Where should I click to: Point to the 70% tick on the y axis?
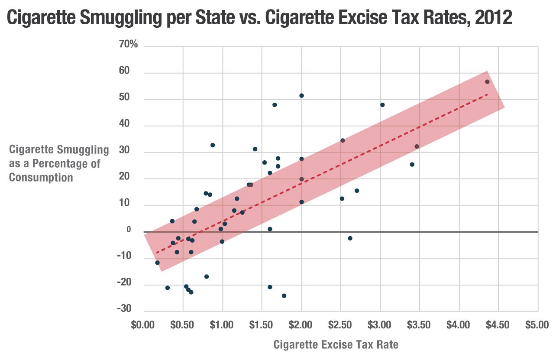pos(128,44)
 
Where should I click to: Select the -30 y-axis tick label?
pos(124,308)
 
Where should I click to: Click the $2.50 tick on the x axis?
pos(340,325)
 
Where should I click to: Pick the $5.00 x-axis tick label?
pos(537,325)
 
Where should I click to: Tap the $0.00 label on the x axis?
pos(143,325)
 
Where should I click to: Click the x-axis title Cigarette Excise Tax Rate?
pos(336,344)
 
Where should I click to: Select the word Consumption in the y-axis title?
pos(41,178)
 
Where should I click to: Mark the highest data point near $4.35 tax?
pos(487,82)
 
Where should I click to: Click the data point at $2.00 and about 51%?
pos(301,96)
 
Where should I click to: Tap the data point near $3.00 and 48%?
pos(382,105)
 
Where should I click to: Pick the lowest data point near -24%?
pos(284,296)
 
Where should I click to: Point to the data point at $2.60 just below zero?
pos(350,238)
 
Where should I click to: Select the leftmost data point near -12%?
pos(157,263)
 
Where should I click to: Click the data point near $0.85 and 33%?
pos(213,145)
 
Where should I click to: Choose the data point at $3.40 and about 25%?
pos(412,164)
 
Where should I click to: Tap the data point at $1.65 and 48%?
pos(275,105)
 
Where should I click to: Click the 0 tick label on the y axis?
pos(129,230)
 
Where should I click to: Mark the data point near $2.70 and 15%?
pos(357,191)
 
